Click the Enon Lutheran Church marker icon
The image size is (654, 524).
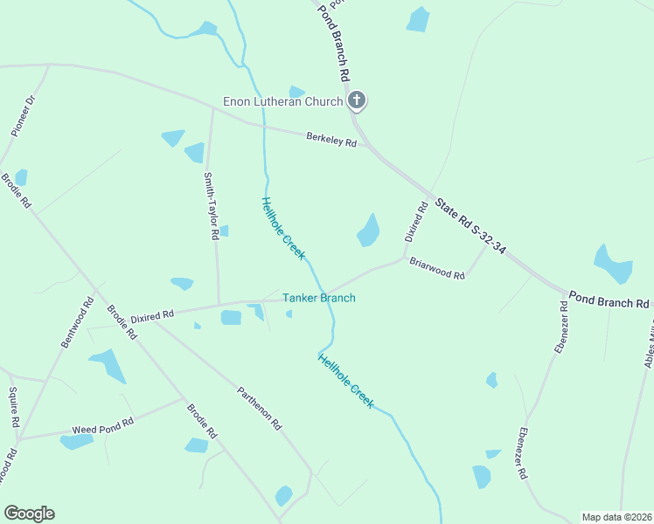pyautogui.click(x=356, y=100)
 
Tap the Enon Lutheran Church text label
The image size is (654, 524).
pyautogui.click(x=282, y=102)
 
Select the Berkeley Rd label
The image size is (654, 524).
pyautogui.click(x=331, y=140)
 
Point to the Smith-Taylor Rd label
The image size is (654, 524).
pyautogui.click(x=210, y=206)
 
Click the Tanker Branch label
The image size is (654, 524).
pyautogui.click(x=318, y=299)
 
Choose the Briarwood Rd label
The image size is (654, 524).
pyautogui.click(x=437, y=267)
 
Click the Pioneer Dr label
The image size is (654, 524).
pyautogui.click(x=23, y=115)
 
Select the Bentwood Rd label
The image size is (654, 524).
pyautogui.click(x=77, y=323)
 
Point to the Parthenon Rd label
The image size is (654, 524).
pyautogui.click(x=260, y=408)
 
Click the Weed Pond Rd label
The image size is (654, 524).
pyautogui.click(x=102, y=426)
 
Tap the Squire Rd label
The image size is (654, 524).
pyautogui.click(x=14, y=406)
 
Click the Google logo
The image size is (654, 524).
pyautogui.click(x=29, y=514)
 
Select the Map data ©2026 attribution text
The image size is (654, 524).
pyautogui.click(x=616, y=517)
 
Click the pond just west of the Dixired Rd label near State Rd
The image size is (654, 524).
pyautogui.click(x=368, y=231)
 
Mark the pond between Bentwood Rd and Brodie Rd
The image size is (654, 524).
pyautogui.click(x=108, y=364)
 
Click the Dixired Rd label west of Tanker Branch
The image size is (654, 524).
pyautogui.click(x=152, y=315)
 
